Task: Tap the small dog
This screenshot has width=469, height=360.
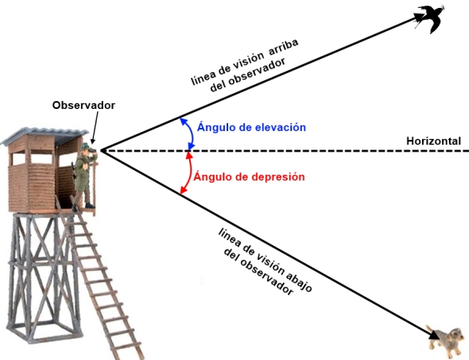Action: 445,340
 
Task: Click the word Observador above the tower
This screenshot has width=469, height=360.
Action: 83,105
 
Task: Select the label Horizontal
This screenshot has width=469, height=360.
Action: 433,141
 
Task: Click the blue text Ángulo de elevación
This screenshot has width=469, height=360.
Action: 251,127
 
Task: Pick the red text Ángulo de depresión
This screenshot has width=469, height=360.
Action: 249,176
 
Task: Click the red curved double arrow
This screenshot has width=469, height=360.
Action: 189,172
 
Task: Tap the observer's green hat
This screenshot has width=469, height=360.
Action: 86,146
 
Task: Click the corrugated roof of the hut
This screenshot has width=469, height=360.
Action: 45,135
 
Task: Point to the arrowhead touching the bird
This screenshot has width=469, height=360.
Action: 418,17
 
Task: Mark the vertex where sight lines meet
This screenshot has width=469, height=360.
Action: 101,150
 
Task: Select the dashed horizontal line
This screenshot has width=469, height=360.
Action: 285,151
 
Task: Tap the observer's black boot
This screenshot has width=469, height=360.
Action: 90,206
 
